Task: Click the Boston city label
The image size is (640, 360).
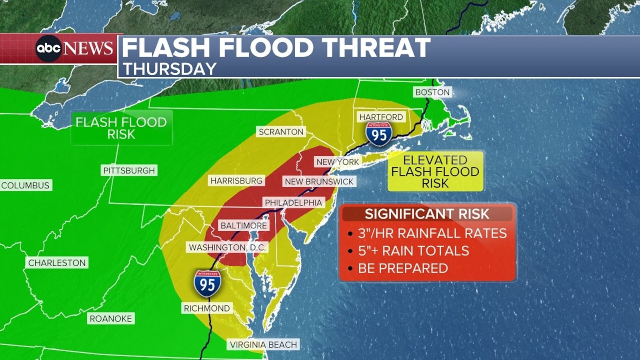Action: [432, 92]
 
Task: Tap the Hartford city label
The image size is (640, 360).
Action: [381, 117]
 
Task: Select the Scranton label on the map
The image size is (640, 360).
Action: [281, 132]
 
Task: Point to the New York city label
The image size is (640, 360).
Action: [338, 162]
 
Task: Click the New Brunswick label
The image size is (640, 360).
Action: [319, 182]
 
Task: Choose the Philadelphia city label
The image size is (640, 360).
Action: [293, 203]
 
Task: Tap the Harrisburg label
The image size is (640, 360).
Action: [236, 181]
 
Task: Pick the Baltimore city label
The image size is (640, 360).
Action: [244, 226]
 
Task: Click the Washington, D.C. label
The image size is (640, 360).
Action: [227, 248]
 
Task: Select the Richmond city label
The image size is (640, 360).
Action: [207, 308]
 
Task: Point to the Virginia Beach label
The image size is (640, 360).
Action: [263, 345]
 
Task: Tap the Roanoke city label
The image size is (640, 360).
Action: [110, 319]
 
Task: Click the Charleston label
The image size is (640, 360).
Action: [57, 263]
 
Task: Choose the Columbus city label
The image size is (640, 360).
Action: [26, 185]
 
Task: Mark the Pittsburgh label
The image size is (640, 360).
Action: [129, 171]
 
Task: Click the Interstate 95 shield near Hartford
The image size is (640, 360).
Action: [378, 135]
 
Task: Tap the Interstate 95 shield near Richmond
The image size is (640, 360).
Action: [207, 284]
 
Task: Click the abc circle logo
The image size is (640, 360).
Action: [48, 48]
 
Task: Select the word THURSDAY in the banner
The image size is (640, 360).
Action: [170, 69]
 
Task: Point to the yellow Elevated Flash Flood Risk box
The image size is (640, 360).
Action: [435, 172]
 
